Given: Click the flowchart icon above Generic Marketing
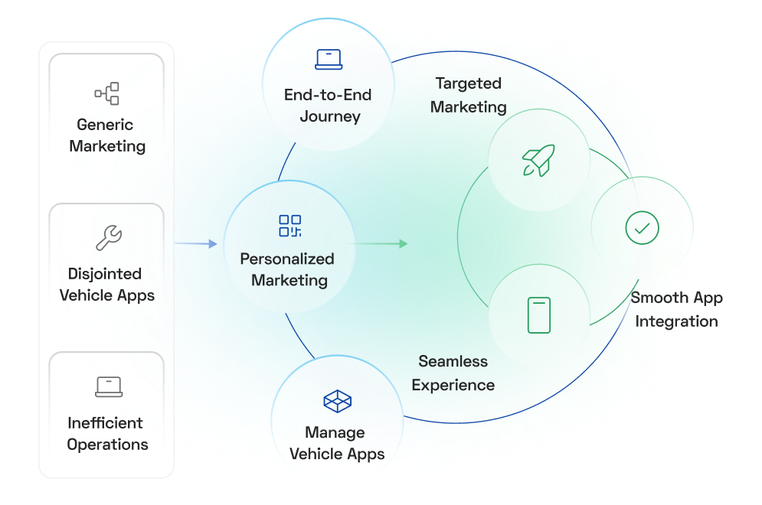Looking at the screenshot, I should coord(107,94).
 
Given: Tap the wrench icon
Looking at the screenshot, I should coord(108,238).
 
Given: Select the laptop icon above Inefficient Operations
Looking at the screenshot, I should coord(109,386).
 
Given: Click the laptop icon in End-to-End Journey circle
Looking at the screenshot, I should coord(328,59).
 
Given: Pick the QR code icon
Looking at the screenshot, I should coord(290,226).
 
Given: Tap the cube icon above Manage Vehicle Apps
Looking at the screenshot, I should coord(337,401).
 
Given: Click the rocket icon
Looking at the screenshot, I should coord(538,160).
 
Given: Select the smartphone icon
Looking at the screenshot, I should coord(539,315).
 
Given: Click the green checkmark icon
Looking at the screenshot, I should coord(642,227).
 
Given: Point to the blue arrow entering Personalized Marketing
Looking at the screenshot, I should coord(197,244).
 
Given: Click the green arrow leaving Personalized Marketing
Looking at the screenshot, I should coord(383,244).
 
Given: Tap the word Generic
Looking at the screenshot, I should coord(105,125).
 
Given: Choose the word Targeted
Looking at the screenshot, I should coord(468,83).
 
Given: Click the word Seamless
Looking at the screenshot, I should coord(453,361).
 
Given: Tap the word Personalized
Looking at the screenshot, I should coord(287,259).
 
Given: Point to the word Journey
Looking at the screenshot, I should coord(330,117).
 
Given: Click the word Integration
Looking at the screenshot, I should coord(677,321).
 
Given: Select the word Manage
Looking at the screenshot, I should coord(335,432).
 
